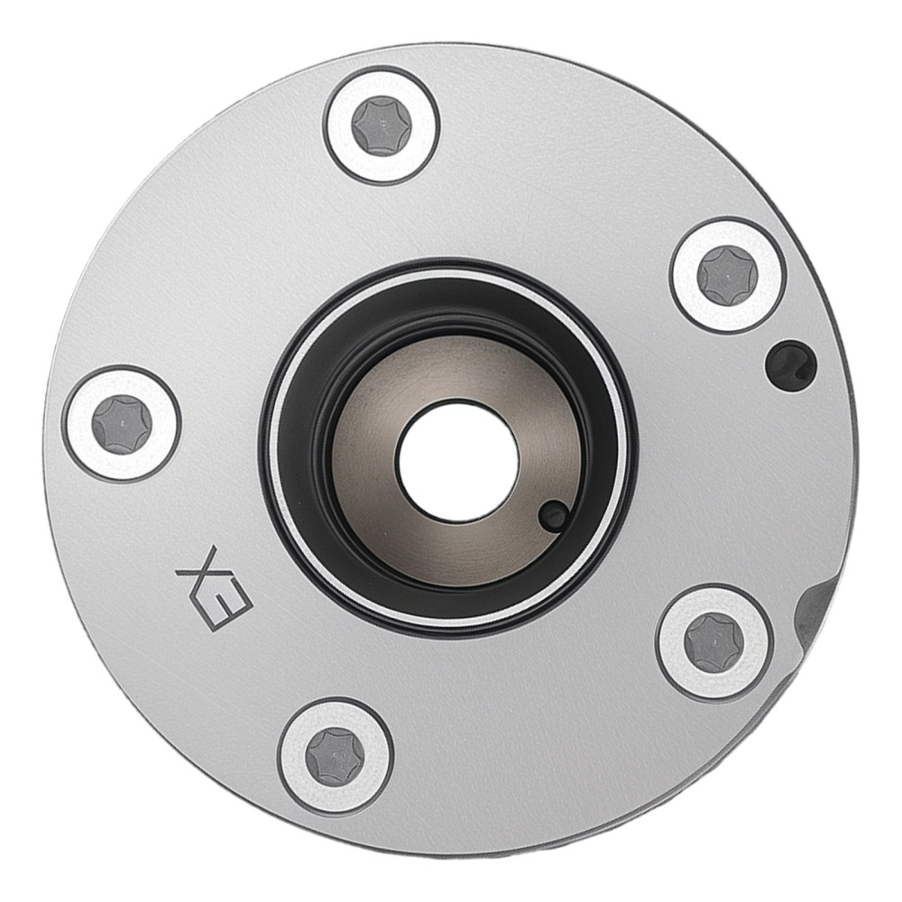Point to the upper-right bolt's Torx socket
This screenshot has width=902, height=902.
pyautogui.click(x=727, y=275)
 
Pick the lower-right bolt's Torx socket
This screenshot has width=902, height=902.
pyautogui.click(x=713, y=642)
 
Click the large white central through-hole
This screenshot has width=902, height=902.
pyautogui.click(x=458, y=462)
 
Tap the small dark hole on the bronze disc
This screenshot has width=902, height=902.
pyautogui.click(x=553, y=515)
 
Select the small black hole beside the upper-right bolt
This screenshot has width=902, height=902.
pyautogui.click(x=789, y=363)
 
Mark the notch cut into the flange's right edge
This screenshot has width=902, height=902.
pyautogui.click(x=823, y=613)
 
